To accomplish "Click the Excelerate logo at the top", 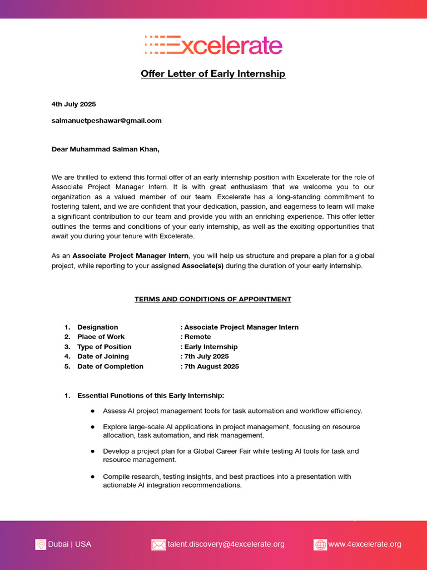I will click(213, 45).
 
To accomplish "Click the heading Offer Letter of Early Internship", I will click(213, 73).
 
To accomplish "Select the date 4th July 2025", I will click(73, 104).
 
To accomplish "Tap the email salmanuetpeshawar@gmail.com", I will click(106, 120).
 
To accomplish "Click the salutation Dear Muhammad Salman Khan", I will click(106, 149).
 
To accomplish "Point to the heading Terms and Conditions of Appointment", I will click(213, 299).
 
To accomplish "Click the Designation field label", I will click(97, 327).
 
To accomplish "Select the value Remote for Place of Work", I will click(197, 337).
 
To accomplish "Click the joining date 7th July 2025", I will click(206, 356).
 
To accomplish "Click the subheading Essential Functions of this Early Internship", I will click(151, 396).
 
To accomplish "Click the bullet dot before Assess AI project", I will click(92, 411).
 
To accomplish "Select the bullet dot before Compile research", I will click(92, 477).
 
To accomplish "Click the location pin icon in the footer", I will click(41, 544).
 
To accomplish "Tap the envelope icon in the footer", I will click(158, 544).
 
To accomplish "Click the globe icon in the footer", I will click(320, 544).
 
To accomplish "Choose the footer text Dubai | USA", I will click(69, 544).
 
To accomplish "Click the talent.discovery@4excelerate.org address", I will click(226, 544).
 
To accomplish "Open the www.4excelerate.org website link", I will click(365, 544).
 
